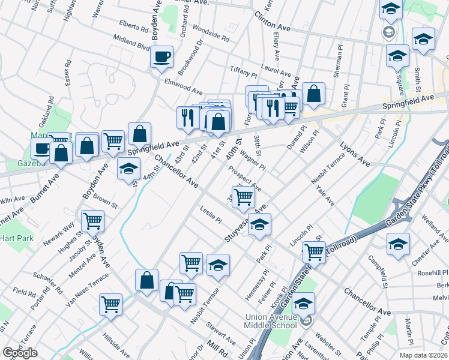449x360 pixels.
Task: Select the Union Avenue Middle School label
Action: pos(271,321)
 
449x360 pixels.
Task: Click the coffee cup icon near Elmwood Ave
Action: pos(161,57)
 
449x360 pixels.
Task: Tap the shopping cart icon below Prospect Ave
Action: pos(244,196)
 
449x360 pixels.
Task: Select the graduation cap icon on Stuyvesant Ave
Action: pos(259,225)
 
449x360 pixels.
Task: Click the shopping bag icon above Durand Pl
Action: pos(313,94)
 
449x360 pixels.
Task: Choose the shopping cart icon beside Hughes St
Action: pos(92,221)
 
